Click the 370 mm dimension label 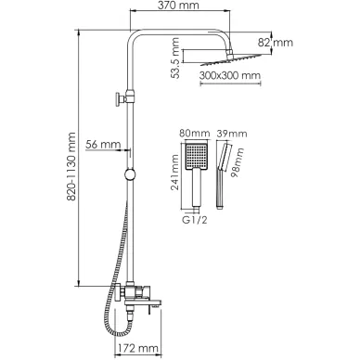point(179,5)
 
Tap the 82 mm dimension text point(276,43)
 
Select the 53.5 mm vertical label point(175,58)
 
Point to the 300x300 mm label point(230,75)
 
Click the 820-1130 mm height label point(71,167)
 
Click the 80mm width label point(195,134)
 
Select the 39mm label point(232,134)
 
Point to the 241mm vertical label point(175,172)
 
